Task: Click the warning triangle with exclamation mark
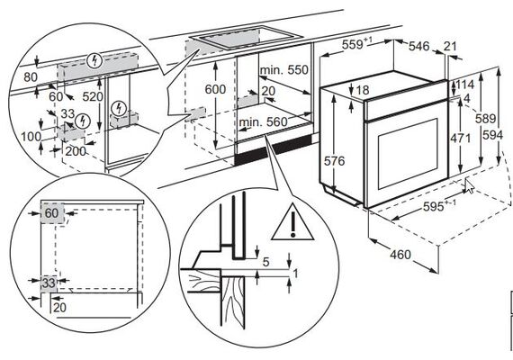coord(292,223)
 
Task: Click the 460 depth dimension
coord(400,255)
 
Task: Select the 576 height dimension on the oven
coord(334,161)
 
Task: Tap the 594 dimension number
coord(492,135)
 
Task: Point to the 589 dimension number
coord(485,118)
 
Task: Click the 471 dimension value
coord(460,139)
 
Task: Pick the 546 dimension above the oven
coord(419,46)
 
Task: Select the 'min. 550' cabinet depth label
coord(284,69)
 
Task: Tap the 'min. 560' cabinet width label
coord(264,122)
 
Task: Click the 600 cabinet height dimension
coord(215,89)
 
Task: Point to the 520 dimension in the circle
coord(93,96)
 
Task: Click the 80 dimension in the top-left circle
coord(31,77)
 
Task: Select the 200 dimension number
coord(76,151)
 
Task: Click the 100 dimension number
coord(31,136)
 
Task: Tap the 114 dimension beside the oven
coord(464,85)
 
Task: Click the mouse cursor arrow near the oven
coord(470,186)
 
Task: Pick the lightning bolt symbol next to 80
coord(95,60)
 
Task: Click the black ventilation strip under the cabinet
coord(274,149)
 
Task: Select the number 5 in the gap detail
coord(266,262)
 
